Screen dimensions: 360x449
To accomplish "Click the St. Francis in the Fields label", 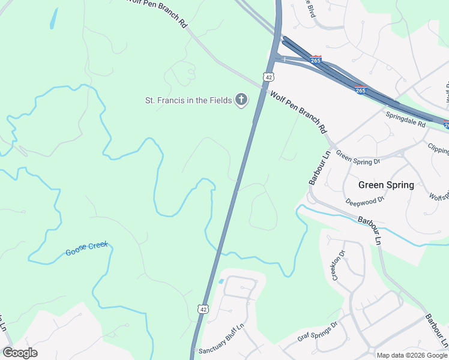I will point(188,100).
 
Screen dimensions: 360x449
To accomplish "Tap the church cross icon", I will point(241,100).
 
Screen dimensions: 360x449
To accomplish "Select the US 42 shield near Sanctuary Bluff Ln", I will point(204,308).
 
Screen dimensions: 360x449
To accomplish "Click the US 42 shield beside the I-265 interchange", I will point(268,77).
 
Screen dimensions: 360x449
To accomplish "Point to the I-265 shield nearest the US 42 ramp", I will point(316,60).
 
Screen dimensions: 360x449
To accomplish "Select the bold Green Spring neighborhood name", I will point(386,185).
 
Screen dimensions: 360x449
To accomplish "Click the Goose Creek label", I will point(86,248).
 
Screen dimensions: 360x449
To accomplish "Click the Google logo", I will point(20,353).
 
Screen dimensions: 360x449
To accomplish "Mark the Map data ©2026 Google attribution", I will point(412,355).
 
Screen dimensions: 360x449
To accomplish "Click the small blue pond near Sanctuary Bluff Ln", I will point(221,281).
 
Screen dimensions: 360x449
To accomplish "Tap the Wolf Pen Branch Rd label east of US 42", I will point(298,112).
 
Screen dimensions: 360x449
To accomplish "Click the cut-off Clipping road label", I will point(438,148).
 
